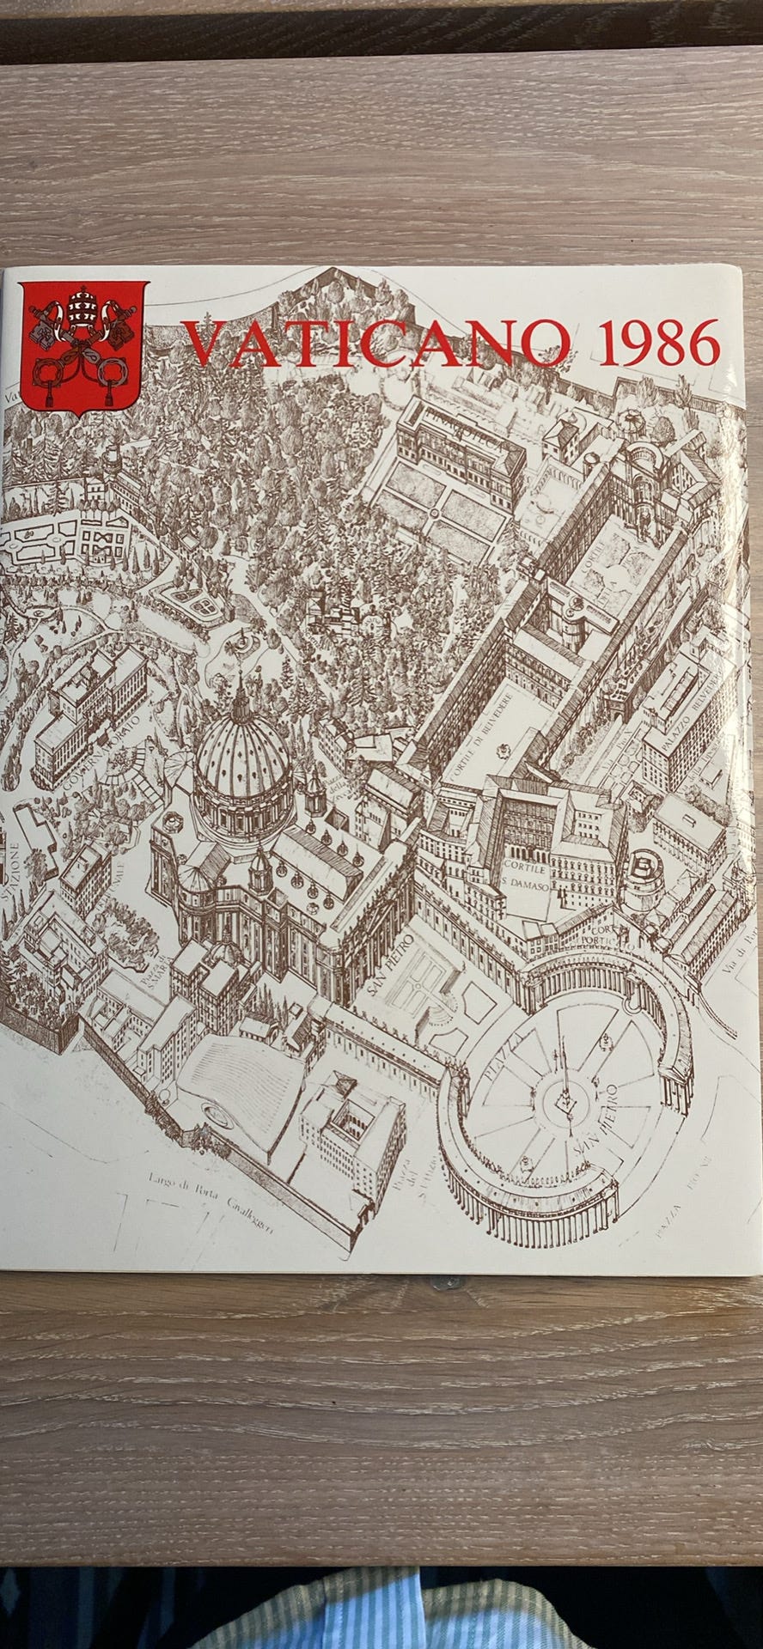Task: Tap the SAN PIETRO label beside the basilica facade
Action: (x=391, y=967)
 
